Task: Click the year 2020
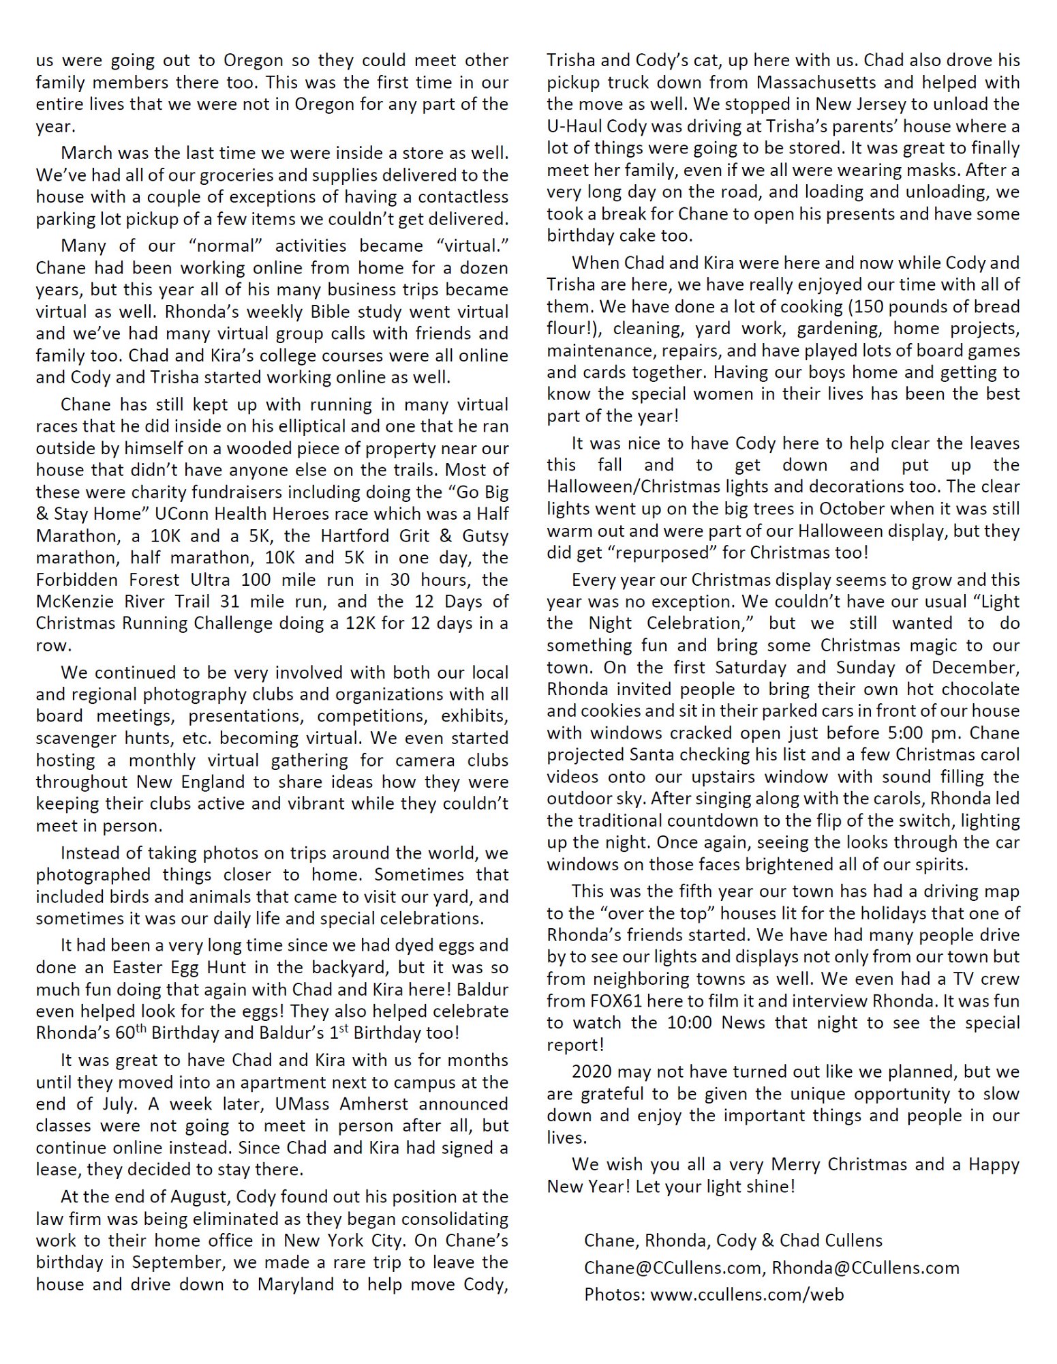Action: pos(593,1072)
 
